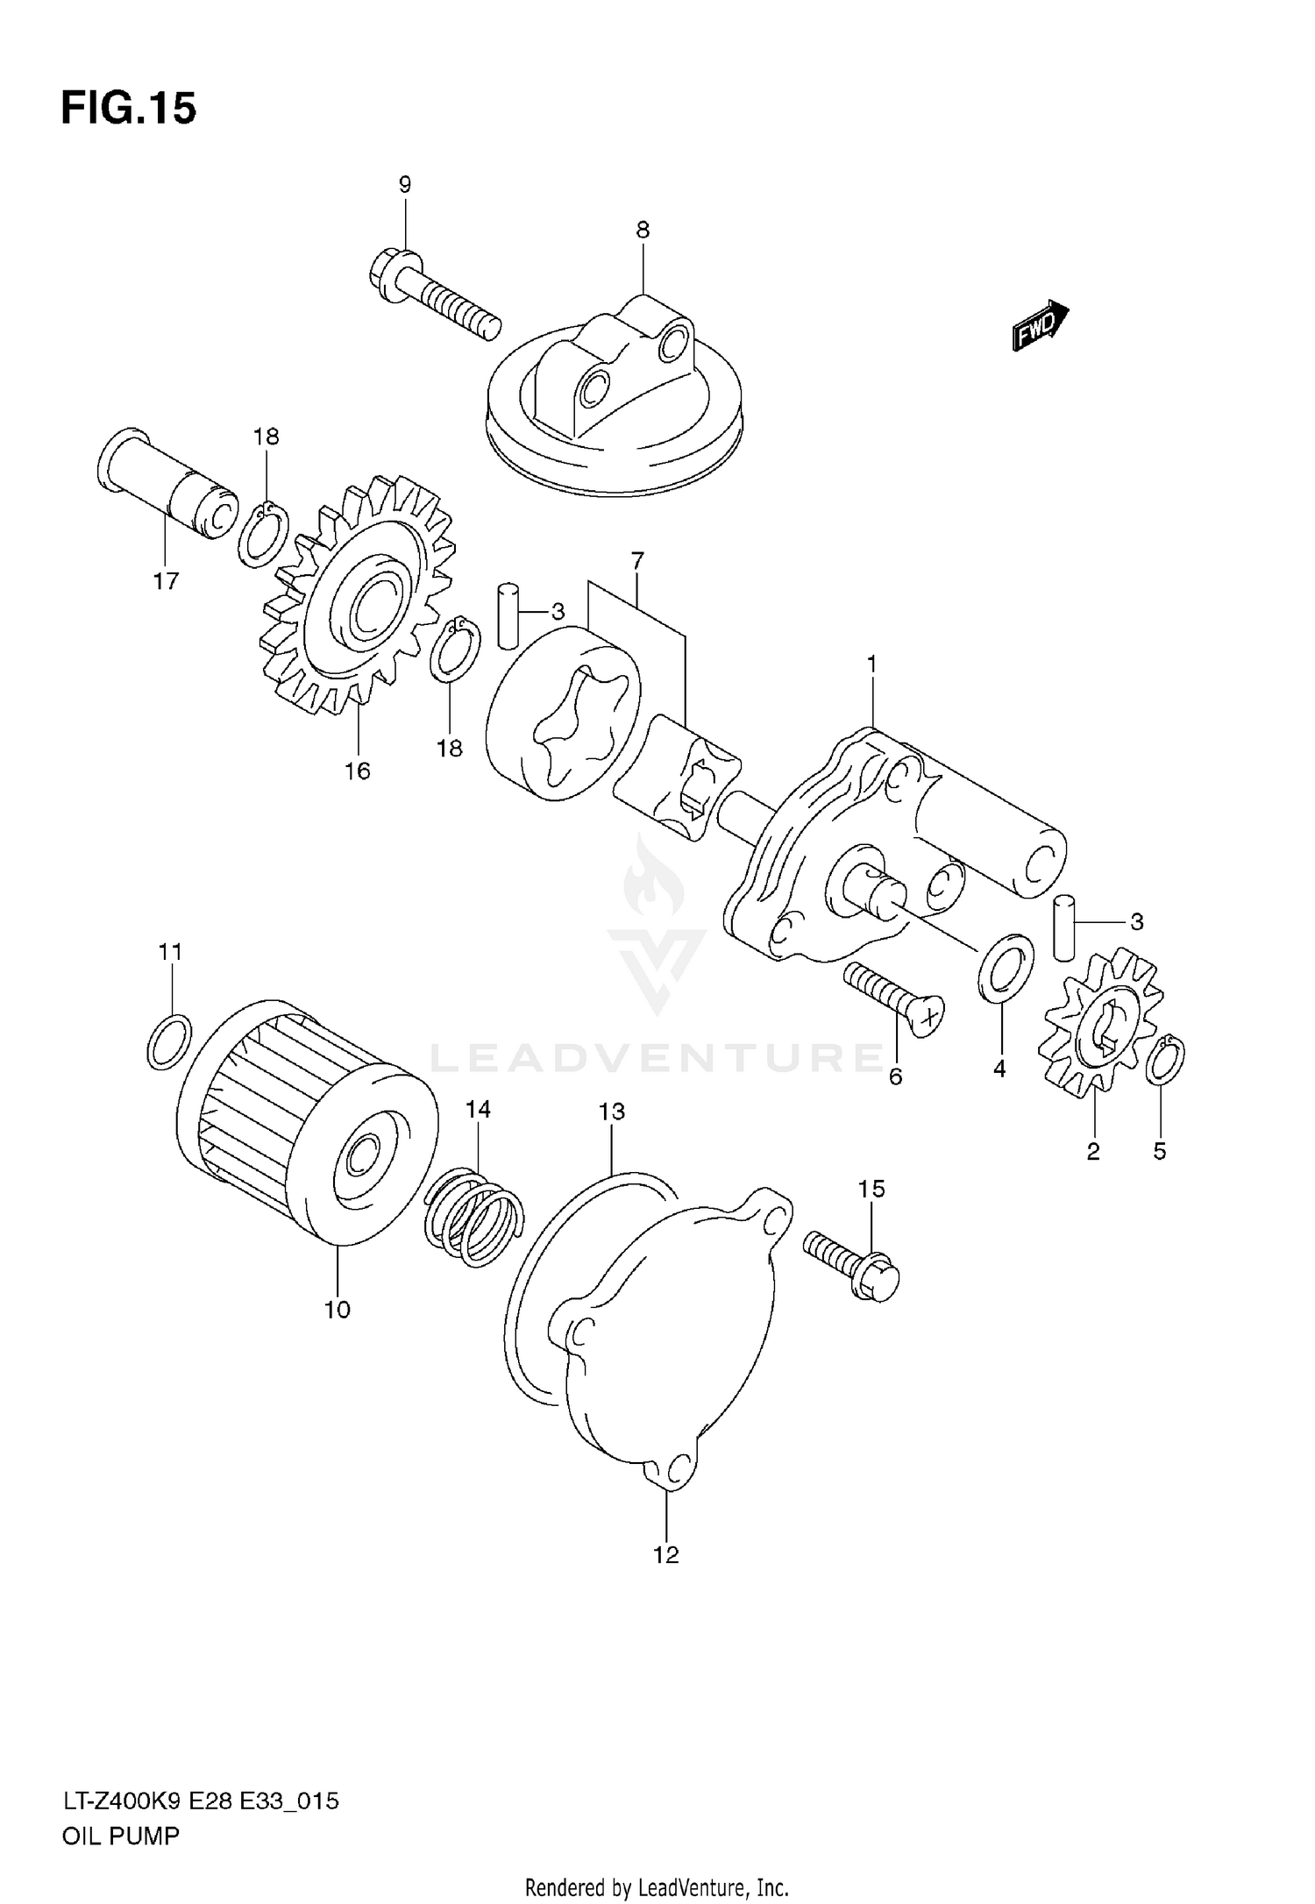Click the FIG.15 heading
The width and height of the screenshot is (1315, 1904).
click(128, 110)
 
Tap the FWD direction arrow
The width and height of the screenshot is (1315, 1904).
click(1041, 326)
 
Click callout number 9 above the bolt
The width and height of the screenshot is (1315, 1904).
click(404, 185)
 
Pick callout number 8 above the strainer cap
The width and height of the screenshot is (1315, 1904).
click(643, 231)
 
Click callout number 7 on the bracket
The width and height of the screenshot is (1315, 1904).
click(637, 559)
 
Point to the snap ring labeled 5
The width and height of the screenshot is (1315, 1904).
click(1166, 1060)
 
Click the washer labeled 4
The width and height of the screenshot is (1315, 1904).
click(1005, 970)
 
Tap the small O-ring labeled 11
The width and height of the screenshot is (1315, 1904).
click(169, 1041)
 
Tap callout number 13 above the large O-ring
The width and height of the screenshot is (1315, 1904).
click(612, 1112)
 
